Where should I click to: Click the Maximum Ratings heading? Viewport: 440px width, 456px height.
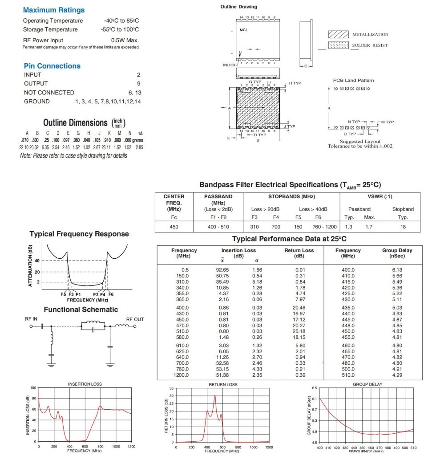53,10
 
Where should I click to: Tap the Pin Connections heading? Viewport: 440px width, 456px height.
52,66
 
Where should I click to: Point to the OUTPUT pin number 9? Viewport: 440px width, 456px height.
139,83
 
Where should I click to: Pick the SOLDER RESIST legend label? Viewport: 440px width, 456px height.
370,45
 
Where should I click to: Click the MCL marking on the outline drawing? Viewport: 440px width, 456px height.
244,30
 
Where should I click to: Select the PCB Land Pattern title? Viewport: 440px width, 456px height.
353,80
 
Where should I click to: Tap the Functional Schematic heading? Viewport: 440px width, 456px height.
81,309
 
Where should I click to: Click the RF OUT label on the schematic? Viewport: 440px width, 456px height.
135,319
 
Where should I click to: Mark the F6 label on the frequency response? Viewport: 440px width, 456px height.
110,294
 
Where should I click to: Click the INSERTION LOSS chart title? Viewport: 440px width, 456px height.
85,384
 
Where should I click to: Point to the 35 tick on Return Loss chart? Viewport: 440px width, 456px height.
171,388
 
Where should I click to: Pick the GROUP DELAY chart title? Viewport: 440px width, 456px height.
367,384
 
